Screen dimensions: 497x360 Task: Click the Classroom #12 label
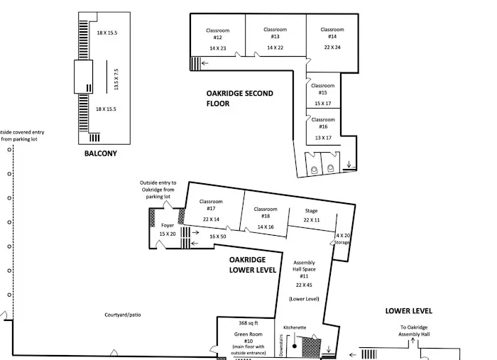tap(218, 34)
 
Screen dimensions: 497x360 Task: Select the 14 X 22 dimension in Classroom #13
tap(275, 48)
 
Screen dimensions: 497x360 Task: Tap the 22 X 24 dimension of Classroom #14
tap(332, 47)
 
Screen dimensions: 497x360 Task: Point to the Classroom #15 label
tap(322, 89)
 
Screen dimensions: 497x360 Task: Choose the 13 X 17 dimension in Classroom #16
tap(323, 138)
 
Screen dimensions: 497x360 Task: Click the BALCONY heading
tap(101, 153)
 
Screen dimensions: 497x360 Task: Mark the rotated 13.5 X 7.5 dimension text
tap(116, 80)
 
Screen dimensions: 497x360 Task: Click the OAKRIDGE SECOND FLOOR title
tap(240, 98)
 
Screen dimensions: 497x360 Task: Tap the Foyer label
tap(168, 225)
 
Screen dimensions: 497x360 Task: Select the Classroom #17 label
tap(211, 204)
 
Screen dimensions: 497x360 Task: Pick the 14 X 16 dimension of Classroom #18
tap(266, 227)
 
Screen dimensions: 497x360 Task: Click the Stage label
tap(311, 211)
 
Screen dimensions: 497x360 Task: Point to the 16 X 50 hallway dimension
tap(218, 236)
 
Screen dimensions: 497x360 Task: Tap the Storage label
tap(342, 242)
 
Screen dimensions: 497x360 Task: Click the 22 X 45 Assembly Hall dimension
tap(304, 285)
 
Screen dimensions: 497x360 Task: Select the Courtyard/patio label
tap(123, 315)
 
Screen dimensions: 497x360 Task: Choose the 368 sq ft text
tap(248, 323)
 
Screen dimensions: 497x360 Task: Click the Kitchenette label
tap(295, 327)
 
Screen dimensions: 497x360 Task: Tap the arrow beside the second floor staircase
tap(204, 63)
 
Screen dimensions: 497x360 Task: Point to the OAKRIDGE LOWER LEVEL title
tap(253, 265)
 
